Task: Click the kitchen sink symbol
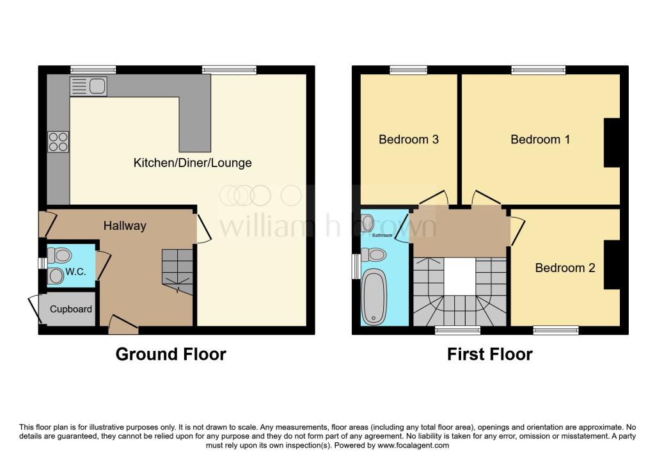tap(88, 86)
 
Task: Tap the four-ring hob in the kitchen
tap(58, 141)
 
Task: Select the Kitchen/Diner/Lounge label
tap(193, 163)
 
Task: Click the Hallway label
tap(125, 226)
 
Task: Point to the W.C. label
tap(75, 271)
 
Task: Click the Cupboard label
tap(71, 309)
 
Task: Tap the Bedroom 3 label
tap(409, 139)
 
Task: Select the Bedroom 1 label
tap(540, 139)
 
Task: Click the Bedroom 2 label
tap(565, 268)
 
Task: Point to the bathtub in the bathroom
tap(374, 297)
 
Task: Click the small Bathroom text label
tap(383, 236)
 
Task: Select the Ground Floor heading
tap(171, 354)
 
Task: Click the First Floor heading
tap(489, 354)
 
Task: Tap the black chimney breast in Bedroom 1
tap(612, 143)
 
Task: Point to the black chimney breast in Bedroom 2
tap(612, 264)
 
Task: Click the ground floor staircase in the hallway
tap(178, 271)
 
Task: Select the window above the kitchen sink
tap(93, 70)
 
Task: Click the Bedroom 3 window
tap(409, 70)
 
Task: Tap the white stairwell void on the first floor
tap(459, 277)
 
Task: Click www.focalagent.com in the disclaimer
tap(413, 446)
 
